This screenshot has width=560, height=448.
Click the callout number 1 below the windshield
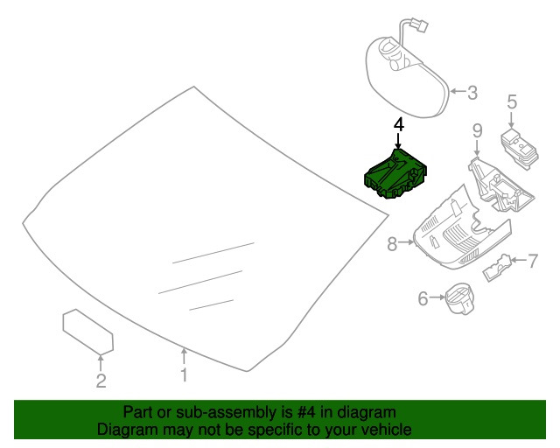(x=184, y=375)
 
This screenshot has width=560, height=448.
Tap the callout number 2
(x=101, y=381)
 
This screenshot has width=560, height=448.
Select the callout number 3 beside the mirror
(x=472, y=93)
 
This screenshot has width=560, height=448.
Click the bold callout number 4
(x=399, y=125)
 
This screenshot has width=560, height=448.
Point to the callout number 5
(x=512, y=101)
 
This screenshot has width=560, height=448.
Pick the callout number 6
(x=423, y=298)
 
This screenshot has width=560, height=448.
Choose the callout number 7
(x=533, y=261)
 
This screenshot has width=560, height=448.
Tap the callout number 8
(x=392, y=244)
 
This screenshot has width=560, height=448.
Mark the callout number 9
(x=477, y=130)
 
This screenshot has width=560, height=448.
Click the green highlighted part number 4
(x=395, y=174)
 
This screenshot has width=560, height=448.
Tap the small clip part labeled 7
(x=498, y=268)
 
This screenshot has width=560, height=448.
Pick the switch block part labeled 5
(x=520, y=148)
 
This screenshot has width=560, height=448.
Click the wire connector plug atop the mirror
(x=419, y=25)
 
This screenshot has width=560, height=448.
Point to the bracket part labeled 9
(x=500, y=185)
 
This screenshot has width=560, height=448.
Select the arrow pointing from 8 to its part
(x=406, y=242)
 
